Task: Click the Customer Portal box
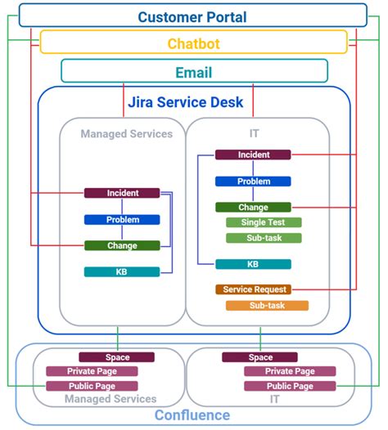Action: (192, 16)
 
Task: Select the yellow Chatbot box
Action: (194, 43)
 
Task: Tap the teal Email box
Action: (194, 72)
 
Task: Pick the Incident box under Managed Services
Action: (122, 193)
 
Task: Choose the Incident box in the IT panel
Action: (253, 155)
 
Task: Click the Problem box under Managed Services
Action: (122, 219)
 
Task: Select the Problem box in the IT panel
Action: (253, 181)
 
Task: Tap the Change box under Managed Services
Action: (122, 245)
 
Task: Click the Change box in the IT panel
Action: (253, 208)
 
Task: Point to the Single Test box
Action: (264, 222)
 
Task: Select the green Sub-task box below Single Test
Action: (264, 238)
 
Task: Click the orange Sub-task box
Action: (267, 306)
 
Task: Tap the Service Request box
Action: (253, 289)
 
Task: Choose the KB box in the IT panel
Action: (253, 264)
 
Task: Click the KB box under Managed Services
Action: (122, 271)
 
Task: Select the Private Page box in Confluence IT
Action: (278, 371)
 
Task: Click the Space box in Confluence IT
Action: (260, 357)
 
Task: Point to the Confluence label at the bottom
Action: (193, 415)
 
